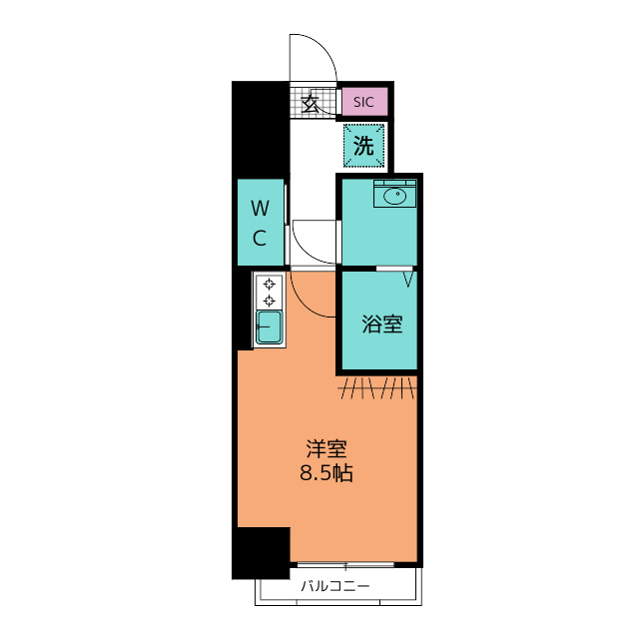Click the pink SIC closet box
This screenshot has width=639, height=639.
(x=364, y=102)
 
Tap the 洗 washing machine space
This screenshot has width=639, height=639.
(x=363, y=146)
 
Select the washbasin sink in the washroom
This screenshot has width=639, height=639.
(x=395, y=197)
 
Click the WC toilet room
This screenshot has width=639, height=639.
(x=261, y=223)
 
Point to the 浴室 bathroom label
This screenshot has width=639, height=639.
(x=382, y=324)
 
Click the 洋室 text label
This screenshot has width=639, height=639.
(x=326, y=449)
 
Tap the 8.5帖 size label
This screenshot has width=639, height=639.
(x=326, y=473)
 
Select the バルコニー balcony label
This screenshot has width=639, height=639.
(x=335, y=586)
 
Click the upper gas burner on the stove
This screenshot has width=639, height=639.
(x=269, y=284)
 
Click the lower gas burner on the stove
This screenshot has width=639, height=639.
(x=269, y=302)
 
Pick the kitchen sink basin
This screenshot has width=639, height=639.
(x=269, y=326)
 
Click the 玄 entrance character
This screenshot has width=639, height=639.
(x=311, y=104)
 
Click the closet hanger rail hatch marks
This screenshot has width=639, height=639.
(x=377, y=388)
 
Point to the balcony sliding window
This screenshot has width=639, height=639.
(x=345, y=565)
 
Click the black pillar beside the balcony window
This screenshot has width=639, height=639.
(x=261, y=553)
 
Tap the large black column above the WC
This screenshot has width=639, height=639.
(x=261, y=130)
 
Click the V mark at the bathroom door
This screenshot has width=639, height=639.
(x=408, y=280)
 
